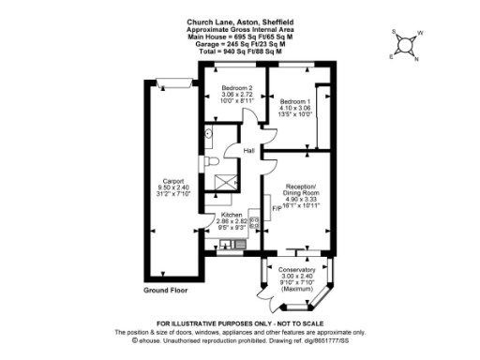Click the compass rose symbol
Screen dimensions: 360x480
pos(405,43)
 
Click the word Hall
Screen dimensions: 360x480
pos(249,150)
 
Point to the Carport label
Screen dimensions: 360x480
pos(172,180)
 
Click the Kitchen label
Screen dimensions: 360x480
pos(230,215)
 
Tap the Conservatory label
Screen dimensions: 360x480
pos(296,270)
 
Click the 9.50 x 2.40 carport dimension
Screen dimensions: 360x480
pos(172,187)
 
